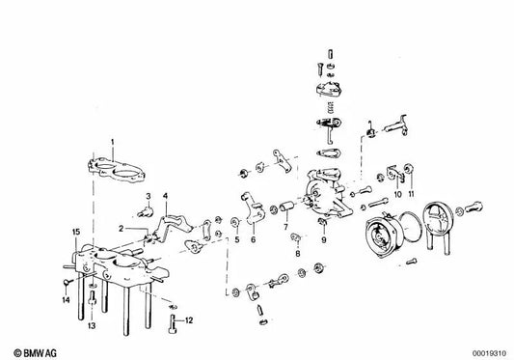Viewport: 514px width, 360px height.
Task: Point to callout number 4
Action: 166,196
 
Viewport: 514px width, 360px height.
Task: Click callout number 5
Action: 236,241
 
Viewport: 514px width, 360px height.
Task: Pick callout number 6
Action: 254,241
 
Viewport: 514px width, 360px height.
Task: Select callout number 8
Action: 299,253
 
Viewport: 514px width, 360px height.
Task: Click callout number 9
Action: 325,240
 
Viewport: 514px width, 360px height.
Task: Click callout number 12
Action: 190,320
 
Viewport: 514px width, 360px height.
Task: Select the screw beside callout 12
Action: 174,319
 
